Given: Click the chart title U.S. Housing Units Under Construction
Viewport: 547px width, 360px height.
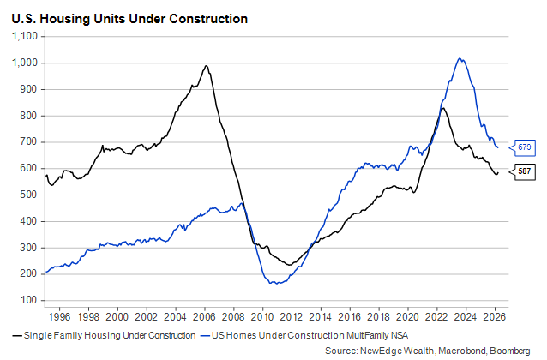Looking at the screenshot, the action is pos(129,19).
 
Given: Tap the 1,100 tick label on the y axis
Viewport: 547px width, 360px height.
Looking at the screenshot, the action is pos(25,36).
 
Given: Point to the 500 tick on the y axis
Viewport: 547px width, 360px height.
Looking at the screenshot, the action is pos(29,195).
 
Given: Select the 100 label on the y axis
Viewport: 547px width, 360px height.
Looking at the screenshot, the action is pos(29,300).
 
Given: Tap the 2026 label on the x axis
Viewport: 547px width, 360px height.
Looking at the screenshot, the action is pos(495,317).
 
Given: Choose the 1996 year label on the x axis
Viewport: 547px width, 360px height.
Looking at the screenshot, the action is pos(59,317).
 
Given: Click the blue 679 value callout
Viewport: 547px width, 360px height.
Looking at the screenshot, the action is pos(523,147).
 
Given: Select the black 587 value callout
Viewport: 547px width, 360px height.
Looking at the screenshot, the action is pos(523,171).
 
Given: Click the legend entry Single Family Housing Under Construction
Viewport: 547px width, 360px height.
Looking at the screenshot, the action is pos(110,336).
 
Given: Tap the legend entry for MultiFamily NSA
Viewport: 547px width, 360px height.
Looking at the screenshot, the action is pos(310,336).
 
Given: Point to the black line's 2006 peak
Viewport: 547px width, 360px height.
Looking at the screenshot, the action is pos(206,66).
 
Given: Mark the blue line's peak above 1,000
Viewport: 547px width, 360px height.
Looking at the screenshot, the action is pos(460,58).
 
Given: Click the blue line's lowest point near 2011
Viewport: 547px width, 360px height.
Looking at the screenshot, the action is pos(277,284).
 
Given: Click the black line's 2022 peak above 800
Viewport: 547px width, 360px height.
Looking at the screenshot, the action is pos(442,109).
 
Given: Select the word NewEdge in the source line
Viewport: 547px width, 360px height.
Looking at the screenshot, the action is pos(378,351).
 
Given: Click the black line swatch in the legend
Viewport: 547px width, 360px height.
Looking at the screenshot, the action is pos(17,336).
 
